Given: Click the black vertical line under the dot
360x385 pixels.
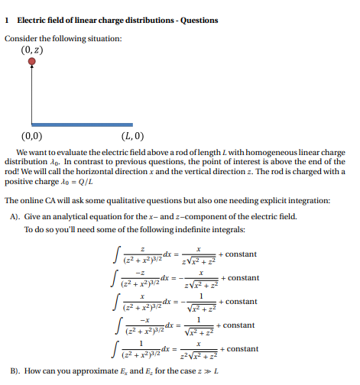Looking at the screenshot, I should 31,95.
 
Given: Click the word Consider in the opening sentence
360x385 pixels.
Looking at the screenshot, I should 23,39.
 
